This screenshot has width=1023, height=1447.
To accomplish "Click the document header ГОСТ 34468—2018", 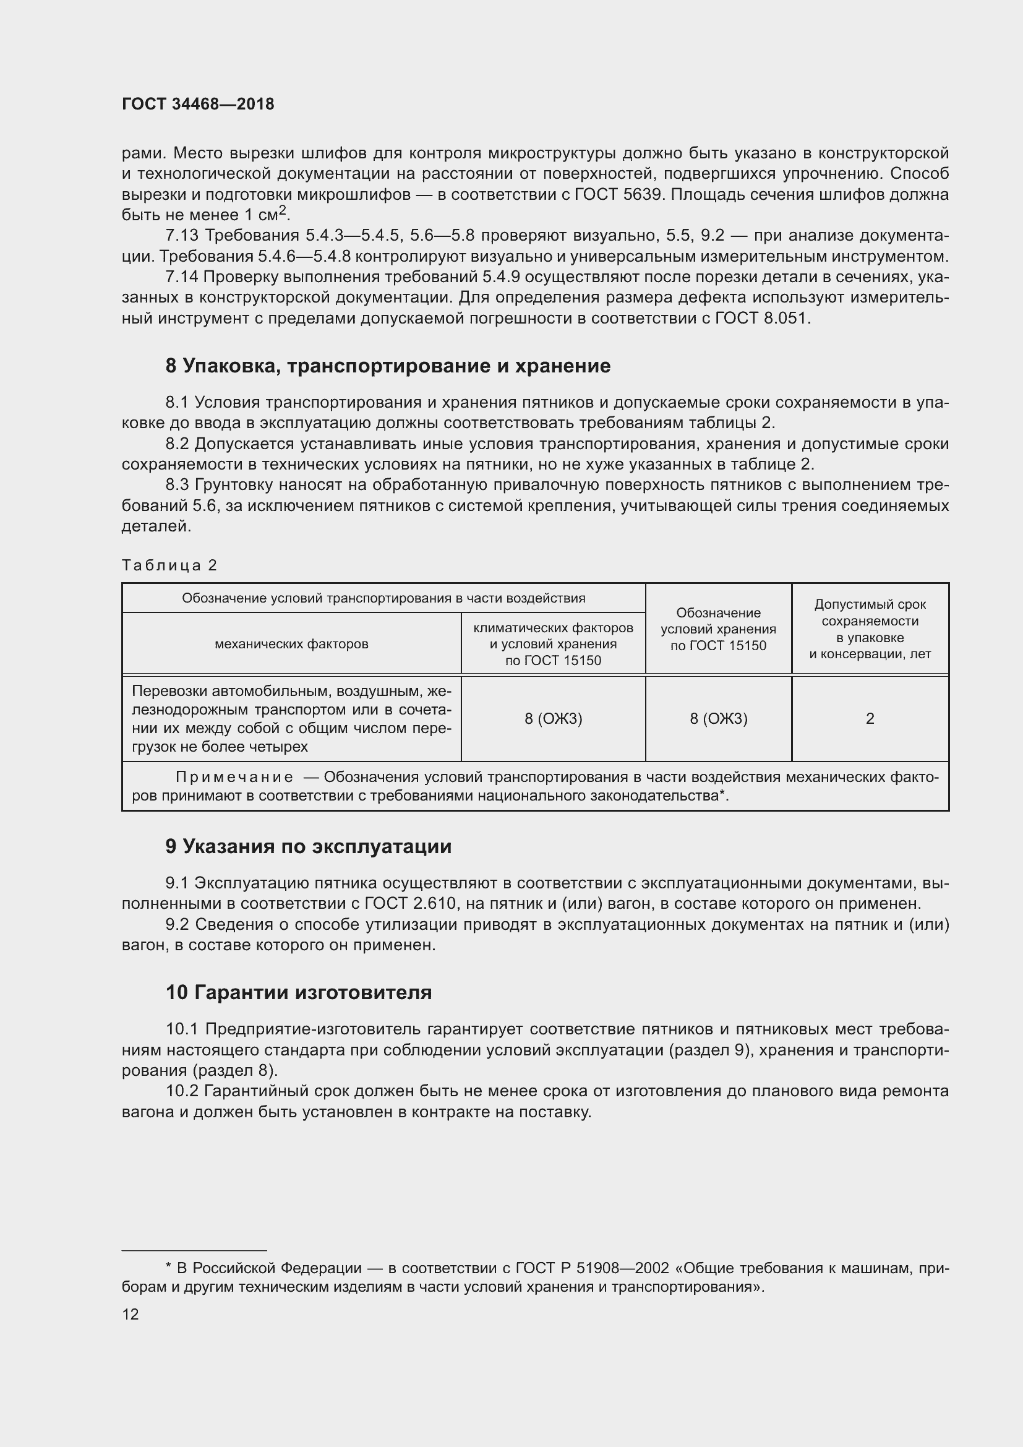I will click(x=198, y=104).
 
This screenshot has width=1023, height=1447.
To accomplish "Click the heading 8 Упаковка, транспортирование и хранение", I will click(x=387, y=366).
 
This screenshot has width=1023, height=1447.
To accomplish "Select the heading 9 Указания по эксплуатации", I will click(x=308, y=846).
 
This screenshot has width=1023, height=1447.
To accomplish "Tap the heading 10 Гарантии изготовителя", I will click(x=299, y=992).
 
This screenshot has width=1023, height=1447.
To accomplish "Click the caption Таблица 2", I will click(x=169, y=565).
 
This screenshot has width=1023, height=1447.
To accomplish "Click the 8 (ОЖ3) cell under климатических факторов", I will click(x=553, y=718).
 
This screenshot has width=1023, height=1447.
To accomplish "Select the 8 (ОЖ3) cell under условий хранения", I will click(x=718, y=718).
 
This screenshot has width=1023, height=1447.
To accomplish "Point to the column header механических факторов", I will click(x=291, y=644).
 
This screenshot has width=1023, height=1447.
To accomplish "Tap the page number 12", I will click(x=131, y=1314).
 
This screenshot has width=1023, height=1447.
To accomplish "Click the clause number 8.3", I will click(x=177, y=484).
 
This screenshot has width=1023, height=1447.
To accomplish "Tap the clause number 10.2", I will click(x=182, y=1091).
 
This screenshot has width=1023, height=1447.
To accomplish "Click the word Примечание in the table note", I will click(x=234, y=778).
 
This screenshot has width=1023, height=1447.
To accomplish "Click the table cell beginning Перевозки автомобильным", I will click(x=291, y=718).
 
